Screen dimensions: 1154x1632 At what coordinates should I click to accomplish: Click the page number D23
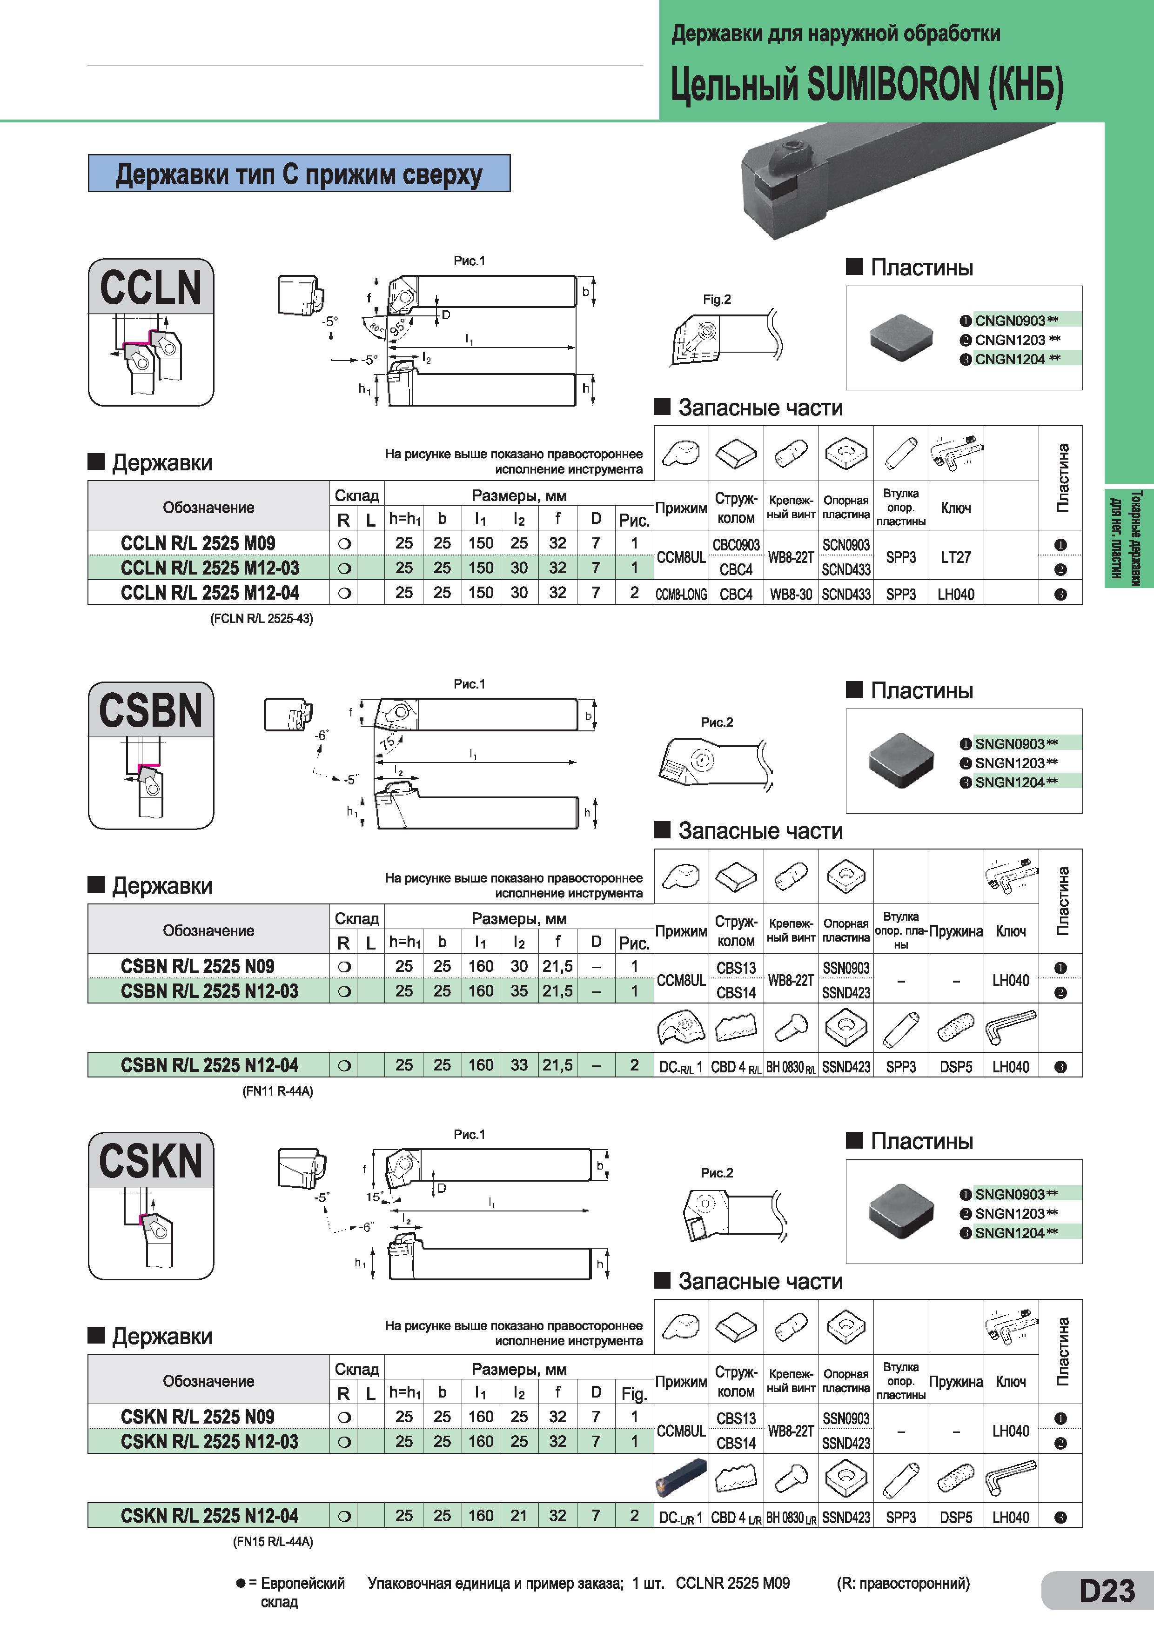tap(1107, 1591)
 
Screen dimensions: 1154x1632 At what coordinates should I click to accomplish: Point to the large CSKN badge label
tap(151, 1161)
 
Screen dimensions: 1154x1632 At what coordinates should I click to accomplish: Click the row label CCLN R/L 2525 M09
tap(198, 543)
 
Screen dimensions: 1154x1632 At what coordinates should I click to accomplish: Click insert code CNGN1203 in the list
tap(1010, 340)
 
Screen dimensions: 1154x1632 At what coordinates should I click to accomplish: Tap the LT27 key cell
tap(956, 557)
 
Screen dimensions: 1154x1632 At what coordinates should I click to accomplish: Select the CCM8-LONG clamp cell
tap(681, 594)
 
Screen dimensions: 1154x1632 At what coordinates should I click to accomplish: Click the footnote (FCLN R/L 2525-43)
tap(262, 618)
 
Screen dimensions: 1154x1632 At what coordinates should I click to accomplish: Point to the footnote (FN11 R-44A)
tap(278, 1091)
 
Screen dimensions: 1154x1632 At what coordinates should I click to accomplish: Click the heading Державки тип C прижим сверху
tap(299, 174)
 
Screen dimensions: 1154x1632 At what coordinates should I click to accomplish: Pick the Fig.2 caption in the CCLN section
tap(717, 299)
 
